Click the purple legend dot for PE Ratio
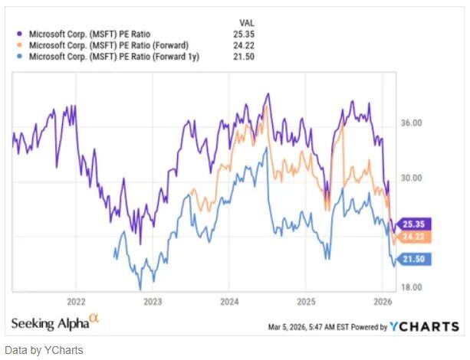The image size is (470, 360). (19, 34)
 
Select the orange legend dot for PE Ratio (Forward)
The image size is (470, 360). (19, 45)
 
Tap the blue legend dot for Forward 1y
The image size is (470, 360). (19, 57)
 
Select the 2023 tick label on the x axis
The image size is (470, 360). (153, 301)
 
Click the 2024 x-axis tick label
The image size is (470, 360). (229, 301)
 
